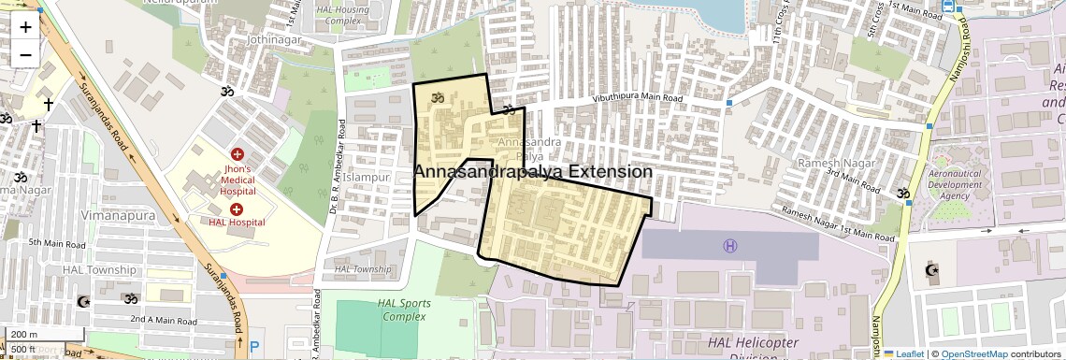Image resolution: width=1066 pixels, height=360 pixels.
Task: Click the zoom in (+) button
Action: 25,27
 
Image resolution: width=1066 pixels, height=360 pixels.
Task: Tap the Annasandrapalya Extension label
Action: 532,172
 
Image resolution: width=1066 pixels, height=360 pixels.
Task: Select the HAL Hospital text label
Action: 237,222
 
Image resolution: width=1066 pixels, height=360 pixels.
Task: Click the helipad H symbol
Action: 729,246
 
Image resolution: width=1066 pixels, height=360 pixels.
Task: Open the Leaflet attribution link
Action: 907,353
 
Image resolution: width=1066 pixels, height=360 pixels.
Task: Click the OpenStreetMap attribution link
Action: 973,353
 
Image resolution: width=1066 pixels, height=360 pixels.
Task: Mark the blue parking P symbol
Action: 254,347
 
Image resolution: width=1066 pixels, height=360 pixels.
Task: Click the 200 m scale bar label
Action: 24,335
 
